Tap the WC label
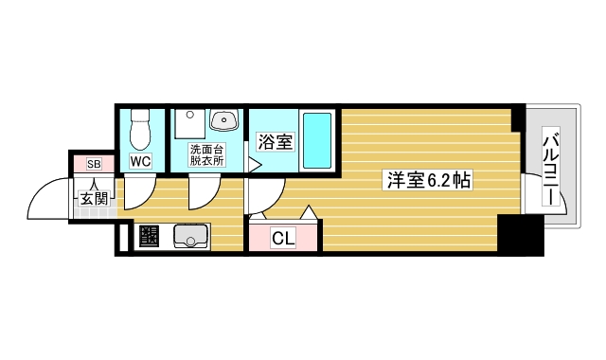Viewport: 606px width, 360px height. [x=141, y=161]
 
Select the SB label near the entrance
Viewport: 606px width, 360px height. [x=94, y=165]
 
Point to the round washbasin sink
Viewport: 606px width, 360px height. [x=224, y=120]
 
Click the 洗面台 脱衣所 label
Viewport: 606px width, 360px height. [x=205, y=155]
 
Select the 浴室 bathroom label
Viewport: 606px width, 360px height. [x=275, y=142]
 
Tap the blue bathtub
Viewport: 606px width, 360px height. [x=316, y=140]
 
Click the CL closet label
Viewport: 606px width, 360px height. [x=283, y=239]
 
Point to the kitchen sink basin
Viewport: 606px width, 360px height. [x=190, y=236]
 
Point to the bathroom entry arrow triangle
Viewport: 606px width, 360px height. [x=254, y=165]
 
